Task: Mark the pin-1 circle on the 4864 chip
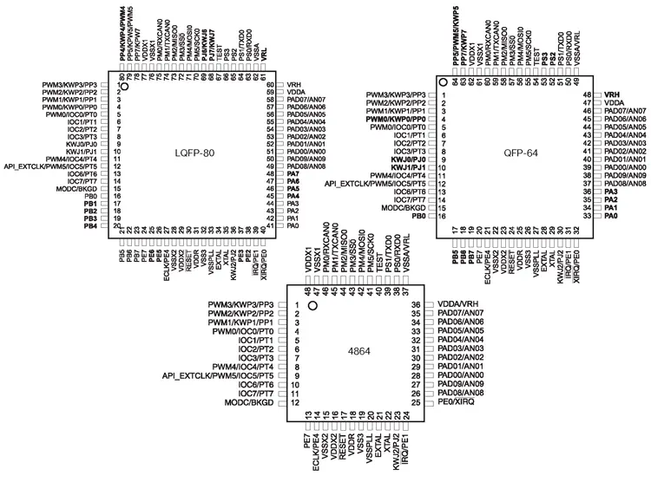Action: tap(312, 305)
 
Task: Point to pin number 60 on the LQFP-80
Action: tap(271, 85)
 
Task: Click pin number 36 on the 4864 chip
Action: tap(416, 304)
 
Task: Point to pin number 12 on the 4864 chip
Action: tap(297, 403)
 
